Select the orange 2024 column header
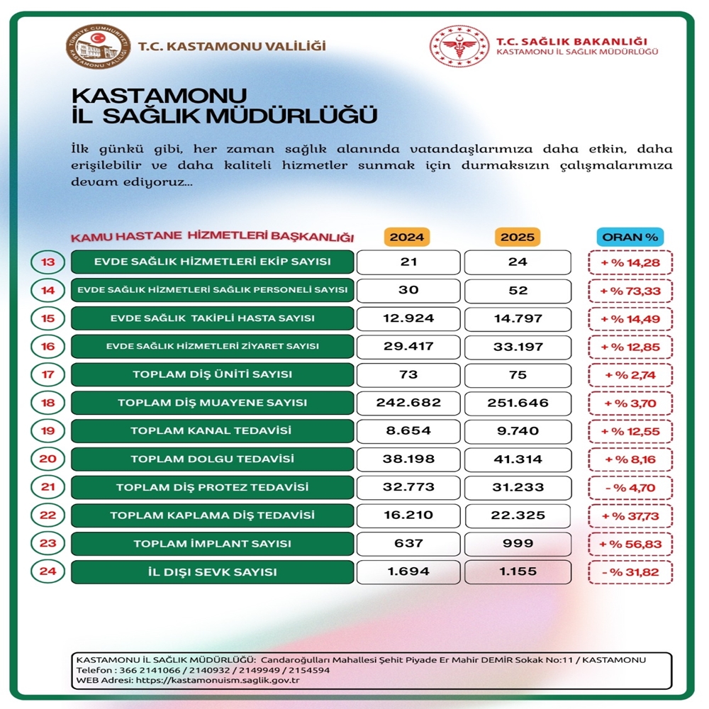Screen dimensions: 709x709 [408, 237]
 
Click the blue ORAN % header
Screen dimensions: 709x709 [630, 237]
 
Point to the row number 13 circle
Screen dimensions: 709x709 [48, 262]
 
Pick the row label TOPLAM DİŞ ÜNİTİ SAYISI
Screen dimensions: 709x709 [212, 374]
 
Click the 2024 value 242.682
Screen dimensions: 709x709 [408, 403]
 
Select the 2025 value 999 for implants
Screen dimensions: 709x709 [518, 544]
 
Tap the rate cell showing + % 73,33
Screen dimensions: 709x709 [630, 291]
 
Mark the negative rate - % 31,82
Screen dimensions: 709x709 [630, 572]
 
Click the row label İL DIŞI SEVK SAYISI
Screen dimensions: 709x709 [212, 572]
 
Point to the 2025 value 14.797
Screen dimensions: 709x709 [518, 318]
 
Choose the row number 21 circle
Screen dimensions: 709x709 [48, 488]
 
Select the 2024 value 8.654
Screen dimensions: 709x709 [408, 431]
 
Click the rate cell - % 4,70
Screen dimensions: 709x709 [630, 488]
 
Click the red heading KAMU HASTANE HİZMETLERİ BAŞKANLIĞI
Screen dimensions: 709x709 [212, 238]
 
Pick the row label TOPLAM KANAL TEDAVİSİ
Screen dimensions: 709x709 [212, 431]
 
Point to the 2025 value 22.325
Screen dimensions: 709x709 [518, 515]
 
